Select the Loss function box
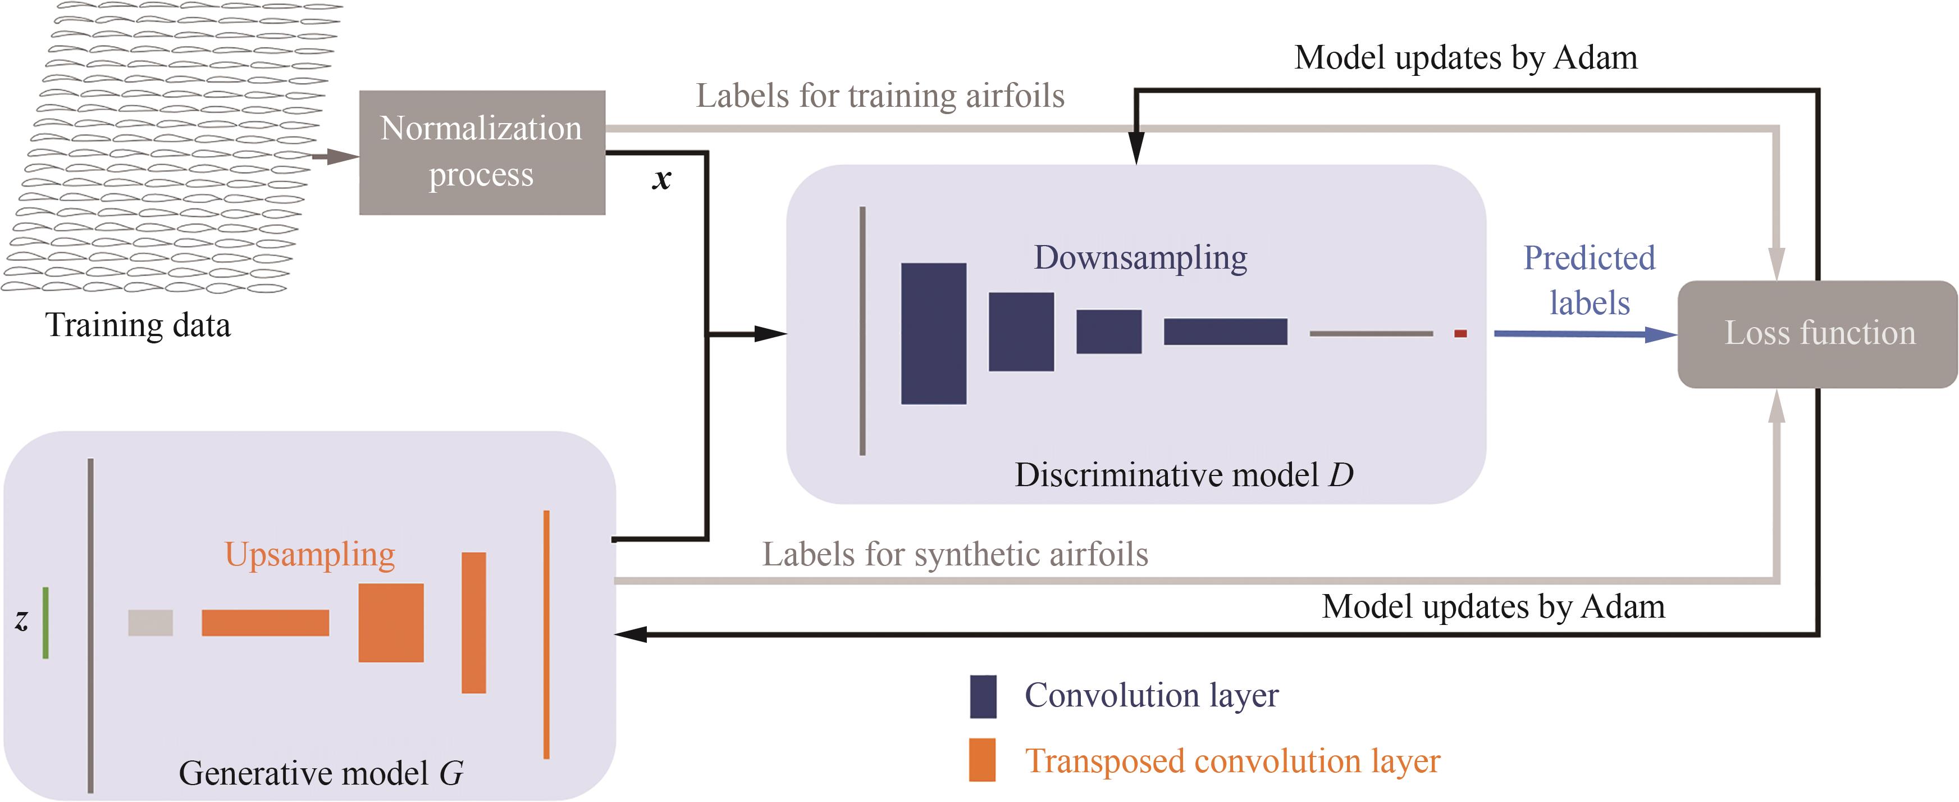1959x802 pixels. click(x=1818, y=333)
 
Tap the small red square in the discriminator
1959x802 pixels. click(x=1460, y=333)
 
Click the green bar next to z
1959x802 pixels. click(x=45, y=622)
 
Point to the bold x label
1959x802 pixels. click(x=661, y=180)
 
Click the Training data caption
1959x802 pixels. click(x=138, y=325)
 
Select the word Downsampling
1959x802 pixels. click(x=1140, y=257)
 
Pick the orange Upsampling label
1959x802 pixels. click(x=309, y=554)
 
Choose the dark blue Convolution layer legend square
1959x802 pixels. click(x=983, y=696)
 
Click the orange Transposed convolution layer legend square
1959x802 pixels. click(x=983, y=759)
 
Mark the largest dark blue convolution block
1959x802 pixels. click(x=933, y=333)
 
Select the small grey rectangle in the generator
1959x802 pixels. click(x=150, y=622)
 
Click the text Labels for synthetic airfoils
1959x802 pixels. click(x=955, y=554)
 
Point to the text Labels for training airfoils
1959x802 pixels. click(x=880, y=96)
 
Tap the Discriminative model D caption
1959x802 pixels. click(x=1183, y=475)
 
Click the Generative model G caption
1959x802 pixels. click(x=320, y=773)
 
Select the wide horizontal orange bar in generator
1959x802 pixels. click(x=266, y=622)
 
